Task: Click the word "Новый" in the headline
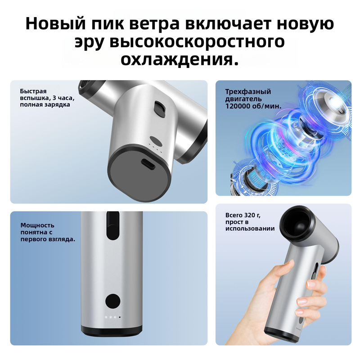tap(55, 23)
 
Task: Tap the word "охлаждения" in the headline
tap(177, 60)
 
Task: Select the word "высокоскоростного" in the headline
tap(197, 42)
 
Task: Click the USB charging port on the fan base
tap(148, 164)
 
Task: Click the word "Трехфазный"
tap(248, 92)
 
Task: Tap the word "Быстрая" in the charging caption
tap(33, 91)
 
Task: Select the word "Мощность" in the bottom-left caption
tap(37, 225)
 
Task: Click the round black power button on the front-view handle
tap(113, 301)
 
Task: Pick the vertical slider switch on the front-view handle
tap(113, 226)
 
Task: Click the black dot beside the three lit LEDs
tap(120, 317)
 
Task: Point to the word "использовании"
tap(250, 229)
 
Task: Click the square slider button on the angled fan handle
tap(160, 108)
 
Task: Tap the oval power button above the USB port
tap(156, 140)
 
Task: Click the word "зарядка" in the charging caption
tap(59, 105)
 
